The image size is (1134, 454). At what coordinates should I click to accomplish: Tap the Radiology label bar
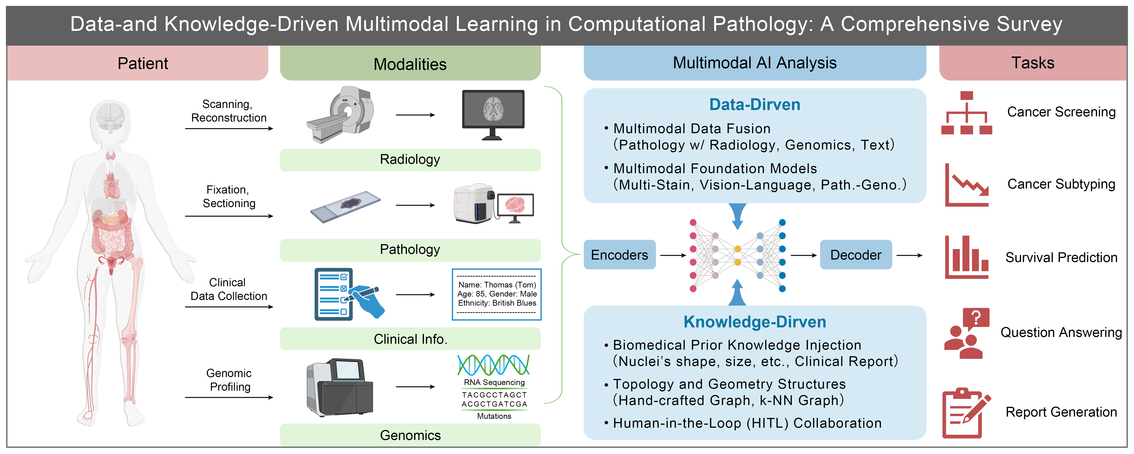coord(410,160)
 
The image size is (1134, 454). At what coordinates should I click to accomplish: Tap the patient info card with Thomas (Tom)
coord(496,294)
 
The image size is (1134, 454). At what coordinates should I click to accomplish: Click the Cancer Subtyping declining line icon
coord(967,185)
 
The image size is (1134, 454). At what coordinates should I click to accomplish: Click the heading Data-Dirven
coord(755,104)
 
